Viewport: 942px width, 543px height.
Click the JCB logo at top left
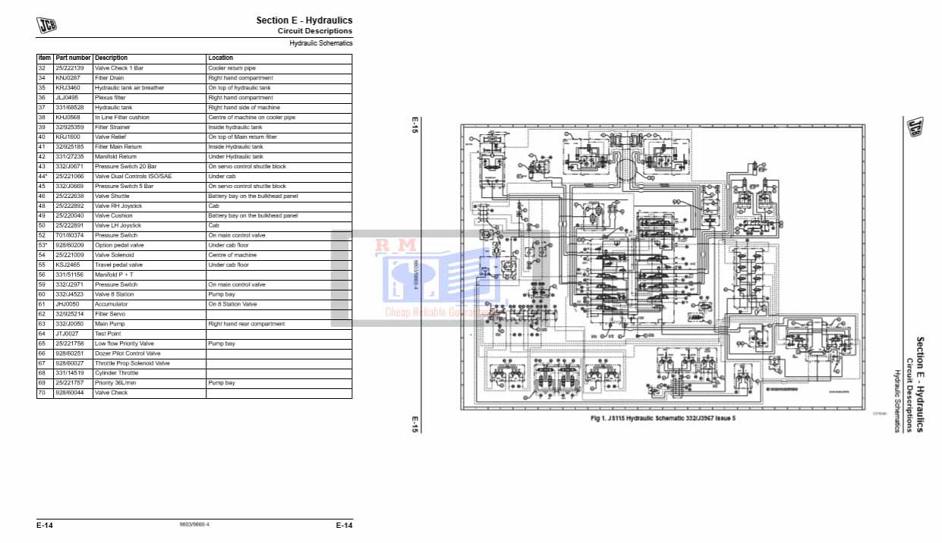coord(47,25)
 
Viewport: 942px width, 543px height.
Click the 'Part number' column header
coord(73,58)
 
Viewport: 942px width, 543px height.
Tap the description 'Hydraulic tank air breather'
coord(129,88)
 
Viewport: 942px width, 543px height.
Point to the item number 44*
coord(43,176)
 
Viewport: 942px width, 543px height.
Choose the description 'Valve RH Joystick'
coord(118,206)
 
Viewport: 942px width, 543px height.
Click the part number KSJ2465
coord(68,265)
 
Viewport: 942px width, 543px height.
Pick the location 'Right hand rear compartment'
coord(247,324)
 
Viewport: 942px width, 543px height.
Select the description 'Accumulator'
coord(112,304)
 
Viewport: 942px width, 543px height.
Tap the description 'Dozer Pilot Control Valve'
coord(128,353)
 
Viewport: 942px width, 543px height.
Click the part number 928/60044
coord(71,393)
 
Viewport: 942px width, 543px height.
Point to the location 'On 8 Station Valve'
coord(232,304)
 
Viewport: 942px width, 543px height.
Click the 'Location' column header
coord(221,58)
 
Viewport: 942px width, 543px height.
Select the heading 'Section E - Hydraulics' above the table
coord(304,20)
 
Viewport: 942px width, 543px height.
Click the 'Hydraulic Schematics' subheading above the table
coord(321,43)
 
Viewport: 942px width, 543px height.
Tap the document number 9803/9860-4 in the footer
coord(194,525)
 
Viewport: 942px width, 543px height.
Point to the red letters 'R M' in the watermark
coord(395,245)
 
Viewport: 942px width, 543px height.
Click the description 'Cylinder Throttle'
coord(116,373)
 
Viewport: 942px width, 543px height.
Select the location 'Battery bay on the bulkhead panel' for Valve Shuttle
coord(253,196)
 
